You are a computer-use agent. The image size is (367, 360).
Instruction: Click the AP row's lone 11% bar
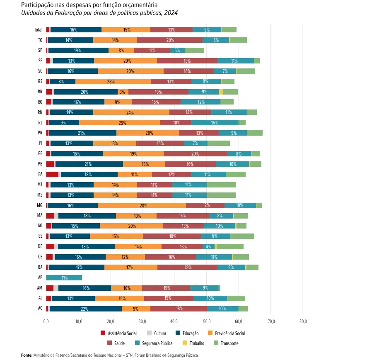pos(64,278)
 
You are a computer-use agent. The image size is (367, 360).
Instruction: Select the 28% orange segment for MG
pos(142,206)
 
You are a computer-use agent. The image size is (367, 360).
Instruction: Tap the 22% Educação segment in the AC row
pos(86,309)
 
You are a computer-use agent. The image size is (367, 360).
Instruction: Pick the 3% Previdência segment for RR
pos(123,92)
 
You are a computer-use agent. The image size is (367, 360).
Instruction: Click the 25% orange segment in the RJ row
pos(120,123)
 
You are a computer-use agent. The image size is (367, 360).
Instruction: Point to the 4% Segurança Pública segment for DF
pos(208,246)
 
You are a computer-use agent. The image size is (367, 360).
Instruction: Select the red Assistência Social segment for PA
pos(52,174)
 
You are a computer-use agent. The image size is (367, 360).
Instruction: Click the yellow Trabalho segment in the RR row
pos(221,92)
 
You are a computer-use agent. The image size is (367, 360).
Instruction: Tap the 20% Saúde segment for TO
pos(170,40)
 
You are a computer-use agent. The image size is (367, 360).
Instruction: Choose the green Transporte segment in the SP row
pos(195,50)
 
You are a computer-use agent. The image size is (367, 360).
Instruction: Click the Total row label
pos(38,30)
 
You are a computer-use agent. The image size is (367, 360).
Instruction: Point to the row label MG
pos(39,205)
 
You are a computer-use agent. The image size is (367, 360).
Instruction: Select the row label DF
pos(40,246)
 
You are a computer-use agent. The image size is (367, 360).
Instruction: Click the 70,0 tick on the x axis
pos(271,321)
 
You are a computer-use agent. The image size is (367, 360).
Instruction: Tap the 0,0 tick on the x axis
pos(46,321)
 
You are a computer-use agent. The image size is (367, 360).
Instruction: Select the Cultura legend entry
pos(157,333)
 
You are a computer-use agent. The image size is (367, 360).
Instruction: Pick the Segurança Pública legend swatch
pos(138,343)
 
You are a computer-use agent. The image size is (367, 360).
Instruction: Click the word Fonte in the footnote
pos(27,355)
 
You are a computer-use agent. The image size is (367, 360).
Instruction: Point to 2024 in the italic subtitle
pos(171,13)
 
